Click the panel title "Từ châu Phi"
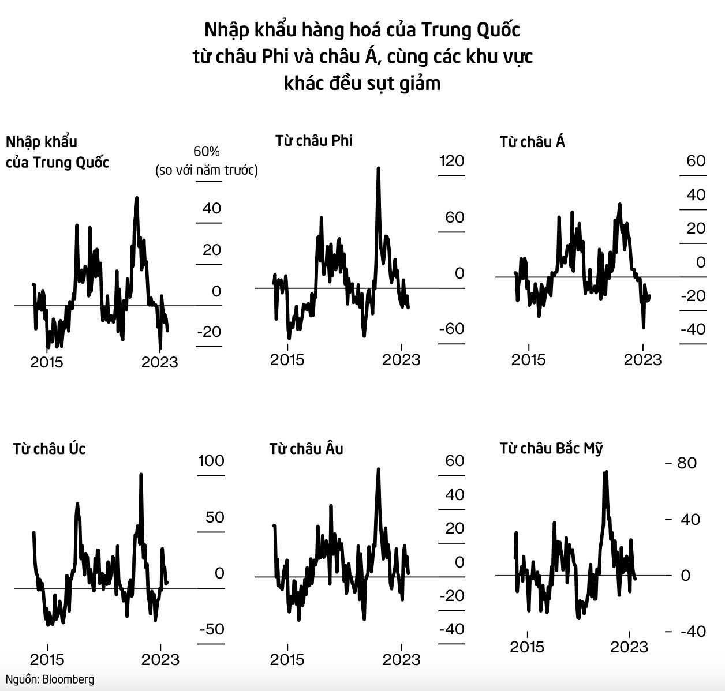(313, 140)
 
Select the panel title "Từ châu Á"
(532, 141)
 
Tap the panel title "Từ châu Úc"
(49, 448)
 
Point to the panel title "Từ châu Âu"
(306, 448)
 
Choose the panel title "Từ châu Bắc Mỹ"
(551, 448)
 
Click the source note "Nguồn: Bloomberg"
(49, 679)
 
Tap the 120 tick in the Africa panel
(451, 160)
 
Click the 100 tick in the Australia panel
(211, 460)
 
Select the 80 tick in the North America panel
(687, 463)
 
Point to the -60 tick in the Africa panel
(451, 328)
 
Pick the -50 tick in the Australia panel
(211, 629)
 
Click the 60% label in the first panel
(207, 152)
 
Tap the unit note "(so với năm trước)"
(207, 171)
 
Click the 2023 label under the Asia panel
(642, 359)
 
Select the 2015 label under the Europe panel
(287, 659)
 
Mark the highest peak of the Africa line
(379, 168)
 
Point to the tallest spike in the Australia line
(141, 475)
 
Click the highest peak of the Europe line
(379, 469)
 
